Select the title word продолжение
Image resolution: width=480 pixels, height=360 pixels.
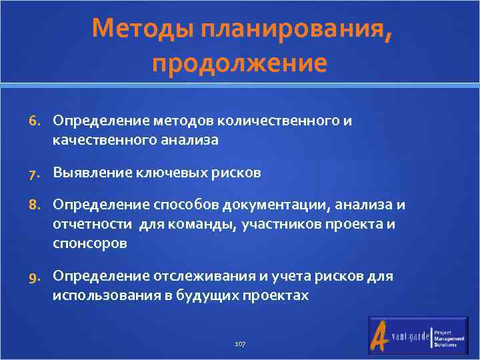pos(239,63)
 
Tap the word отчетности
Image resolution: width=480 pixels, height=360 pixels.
pos(93,224)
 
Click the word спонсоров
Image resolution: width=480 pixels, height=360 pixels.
pos(90,243)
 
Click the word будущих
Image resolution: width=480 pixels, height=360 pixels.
pos(213,295)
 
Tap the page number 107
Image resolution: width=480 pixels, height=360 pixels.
pos(240,343)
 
